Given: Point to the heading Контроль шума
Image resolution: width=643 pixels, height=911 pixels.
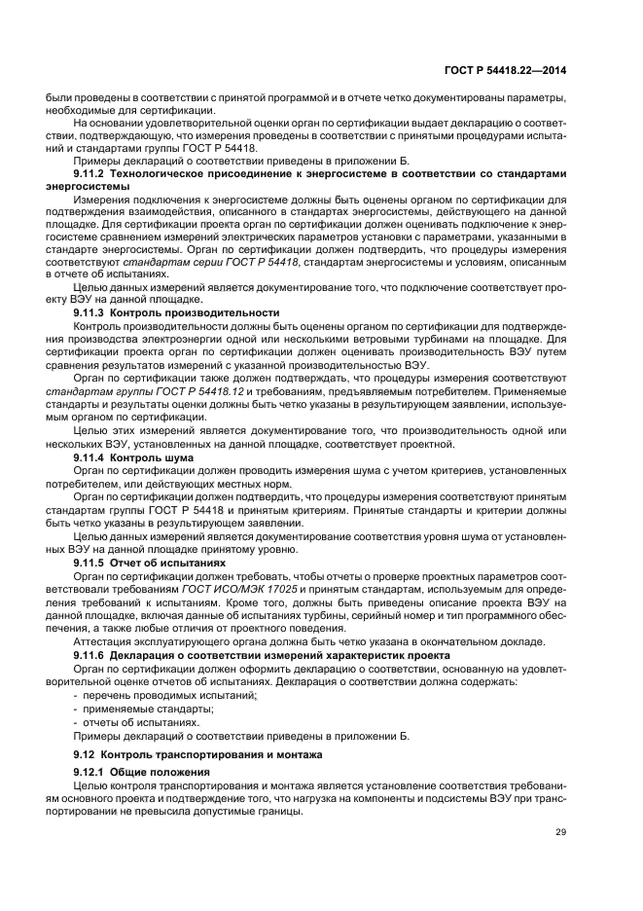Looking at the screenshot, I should [x=152, y=456].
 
